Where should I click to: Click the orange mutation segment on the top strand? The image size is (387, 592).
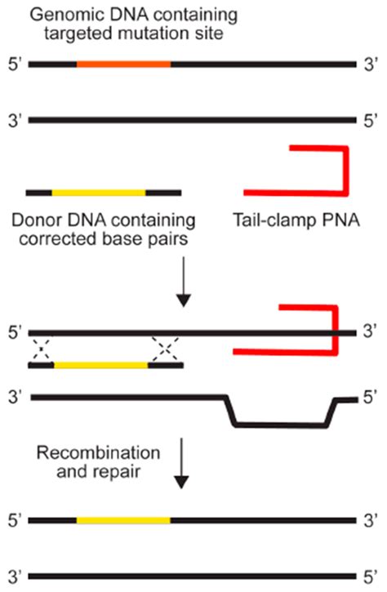123,63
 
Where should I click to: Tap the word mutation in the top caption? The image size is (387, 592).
169,35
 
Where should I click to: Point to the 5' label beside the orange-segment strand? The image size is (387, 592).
13,63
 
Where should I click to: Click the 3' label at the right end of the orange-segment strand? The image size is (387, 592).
371,63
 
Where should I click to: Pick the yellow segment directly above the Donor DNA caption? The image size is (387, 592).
99,193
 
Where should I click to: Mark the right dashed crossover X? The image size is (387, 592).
166,349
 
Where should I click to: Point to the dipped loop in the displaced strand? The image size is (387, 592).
280,423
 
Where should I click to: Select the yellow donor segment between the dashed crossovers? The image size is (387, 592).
100,365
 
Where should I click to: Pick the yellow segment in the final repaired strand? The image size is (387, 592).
123,520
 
